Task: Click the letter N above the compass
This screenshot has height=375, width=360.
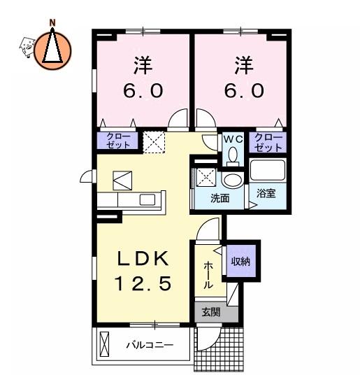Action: (52, 23)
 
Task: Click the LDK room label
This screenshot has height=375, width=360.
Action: (143, 259)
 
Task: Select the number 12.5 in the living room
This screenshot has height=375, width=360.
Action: (143, 283)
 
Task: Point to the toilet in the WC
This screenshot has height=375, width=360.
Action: (233, 157)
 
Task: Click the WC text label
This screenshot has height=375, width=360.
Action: (233, 139)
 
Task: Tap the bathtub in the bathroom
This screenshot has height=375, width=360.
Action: (268, 170)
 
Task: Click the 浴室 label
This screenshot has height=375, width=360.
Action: (266, 193)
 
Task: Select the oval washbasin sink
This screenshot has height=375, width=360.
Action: (233, 180)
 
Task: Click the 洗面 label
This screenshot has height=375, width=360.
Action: (220, 198)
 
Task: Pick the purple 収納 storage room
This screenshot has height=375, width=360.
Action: (240, 261)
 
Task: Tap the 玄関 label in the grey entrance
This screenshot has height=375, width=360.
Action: (210, 312)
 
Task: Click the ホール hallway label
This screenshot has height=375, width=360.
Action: (208, 275)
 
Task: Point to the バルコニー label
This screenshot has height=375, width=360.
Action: (150, 345)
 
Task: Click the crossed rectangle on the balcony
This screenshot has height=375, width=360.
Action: (104, 344)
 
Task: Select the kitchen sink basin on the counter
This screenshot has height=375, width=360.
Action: (147, 199)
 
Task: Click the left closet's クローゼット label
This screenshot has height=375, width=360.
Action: (118, 141)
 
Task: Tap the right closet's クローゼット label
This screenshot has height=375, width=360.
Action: (268, 143)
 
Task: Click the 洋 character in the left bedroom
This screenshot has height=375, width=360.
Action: (143, 65)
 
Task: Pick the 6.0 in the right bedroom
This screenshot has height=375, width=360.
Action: (244, 91)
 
